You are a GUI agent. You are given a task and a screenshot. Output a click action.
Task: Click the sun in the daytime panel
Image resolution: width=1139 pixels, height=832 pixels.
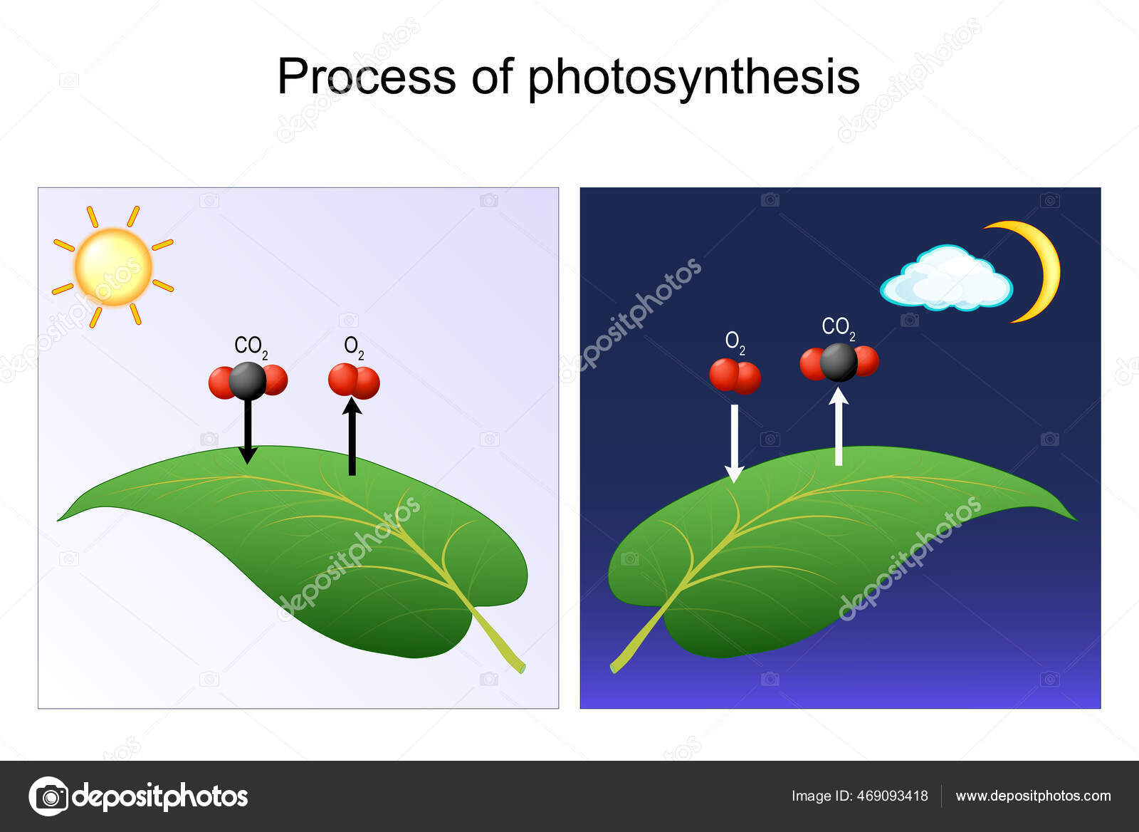113,266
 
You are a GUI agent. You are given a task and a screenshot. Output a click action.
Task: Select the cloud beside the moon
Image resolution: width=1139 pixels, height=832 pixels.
947,280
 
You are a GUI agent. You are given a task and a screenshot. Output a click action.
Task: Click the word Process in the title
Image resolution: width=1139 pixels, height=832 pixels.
366,76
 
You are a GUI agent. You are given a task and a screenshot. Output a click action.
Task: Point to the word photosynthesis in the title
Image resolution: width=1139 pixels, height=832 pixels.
693,78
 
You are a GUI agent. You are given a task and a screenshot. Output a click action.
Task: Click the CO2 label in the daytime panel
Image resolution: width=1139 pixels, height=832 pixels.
251,346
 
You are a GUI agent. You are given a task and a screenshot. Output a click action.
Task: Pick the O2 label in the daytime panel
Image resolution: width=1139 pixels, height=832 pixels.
354,346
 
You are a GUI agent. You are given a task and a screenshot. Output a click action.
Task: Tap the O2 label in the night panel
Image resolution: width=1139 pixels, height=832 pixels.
735,342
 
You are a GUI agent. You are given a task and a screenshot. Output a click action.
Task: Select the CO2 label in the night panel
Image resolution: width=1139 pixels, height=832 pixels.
838,327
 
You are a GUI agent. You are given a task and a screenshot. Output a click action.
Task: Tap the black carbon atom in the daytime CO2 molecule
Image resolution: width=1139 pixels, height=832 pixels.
248,380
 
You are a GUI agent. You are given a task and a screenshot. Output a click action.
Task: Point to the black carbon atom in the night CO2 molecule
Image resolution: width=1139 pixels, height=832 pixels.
839,362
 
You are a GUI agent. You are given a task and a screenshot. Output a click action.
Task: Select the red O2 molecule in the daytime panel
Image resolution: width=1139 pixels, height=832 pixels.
354,381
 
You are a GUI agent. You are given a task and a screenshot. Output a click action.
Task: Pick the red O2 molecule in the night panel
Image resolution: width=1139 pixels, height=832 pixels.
735,376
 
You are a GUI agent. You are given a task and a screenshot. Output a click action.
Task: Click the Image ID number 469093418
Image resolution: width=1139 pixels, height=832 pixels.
891,796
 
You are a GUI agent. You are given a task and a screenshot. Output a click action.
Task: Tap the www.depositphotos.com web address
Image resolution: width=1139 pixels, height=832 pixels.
1033,796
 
